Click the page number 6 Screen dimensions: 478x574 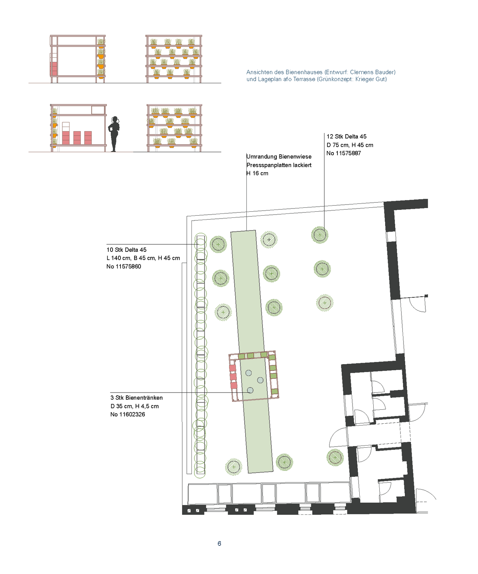(x=219, y=544)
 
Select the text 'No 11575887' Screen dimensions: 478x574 (x=344, y=153)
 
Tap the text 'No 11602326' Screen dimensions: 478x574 (x=128, y=414)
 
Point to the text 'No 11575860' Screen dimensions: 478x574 (x=124, y=267)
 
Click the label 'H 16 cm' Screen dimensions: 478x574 (x=257, y=173)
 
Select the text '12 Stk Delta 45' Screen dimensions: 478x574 (x=346, y=137)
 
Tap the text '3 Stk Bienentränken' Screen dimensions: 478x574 (x=137, y=398)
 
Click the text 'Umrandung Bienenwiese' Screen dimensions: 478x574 (x=279, y=157)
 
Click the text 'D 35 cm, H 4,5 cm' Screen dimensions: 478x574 (x=134, y=406)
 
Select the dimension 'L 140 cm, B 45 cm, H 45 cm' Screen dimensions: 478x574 (x=143, y=258)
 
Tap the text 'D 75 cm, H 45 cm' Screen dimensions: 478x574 (x=350, y=145)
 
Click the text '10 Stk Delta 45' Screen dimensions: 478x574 (x=127, y=250)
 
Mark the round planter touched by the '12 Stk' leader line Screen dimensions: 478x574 (x=320, y=235)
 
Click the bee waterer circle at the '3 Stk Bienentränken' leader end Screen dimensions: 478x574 (x=250, y=390)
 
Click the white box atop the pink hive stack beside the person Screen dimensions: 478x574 (x=66, y=127)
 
